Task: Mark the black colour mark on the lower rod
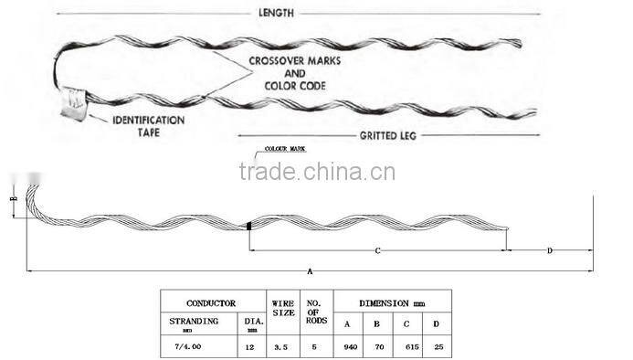tap(248, 225)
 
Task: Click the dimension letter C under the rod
tap(376, 249)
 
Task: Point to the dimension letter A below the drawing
tap(311, 272)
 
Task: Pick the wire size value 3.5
tap(282, 347)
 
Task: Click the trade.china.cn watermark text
tap(316, 172)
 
